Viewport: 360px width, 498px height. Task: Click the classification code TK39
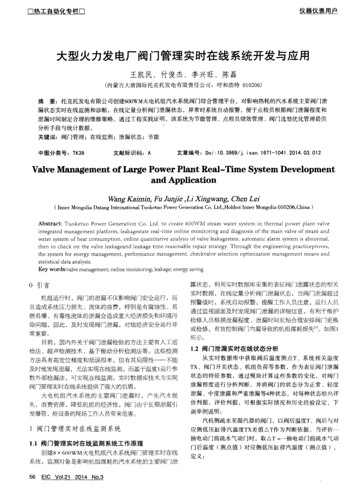point(78,153)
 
